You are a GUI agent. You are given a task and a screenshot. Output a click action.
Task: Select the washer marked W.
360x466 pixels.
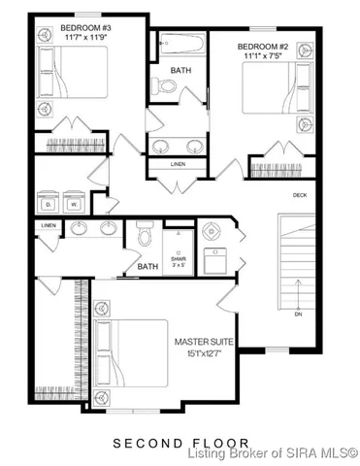(x=73, y=204)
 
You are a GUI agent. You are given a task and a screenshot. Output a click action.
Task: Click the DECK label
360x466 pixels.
(x=300, y=194)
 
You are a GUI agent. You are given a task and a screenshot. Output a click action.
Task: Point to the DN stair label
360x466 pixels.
(x=299, y=314)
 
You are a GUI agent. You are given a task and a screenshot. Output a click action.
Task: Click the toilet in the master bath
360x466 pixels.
(x=146, y=236)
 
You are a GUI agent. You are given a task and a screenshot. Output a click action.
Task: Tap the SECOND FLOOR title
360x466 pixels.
(x=180, y=442)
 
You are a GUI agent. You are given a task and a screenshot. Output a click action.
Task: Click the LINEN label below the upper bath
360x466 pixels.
(x=178, y=164)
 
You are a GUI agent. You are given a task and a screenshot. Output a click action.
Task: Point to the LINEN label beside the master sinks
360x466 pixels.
(x=49, y=226)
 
